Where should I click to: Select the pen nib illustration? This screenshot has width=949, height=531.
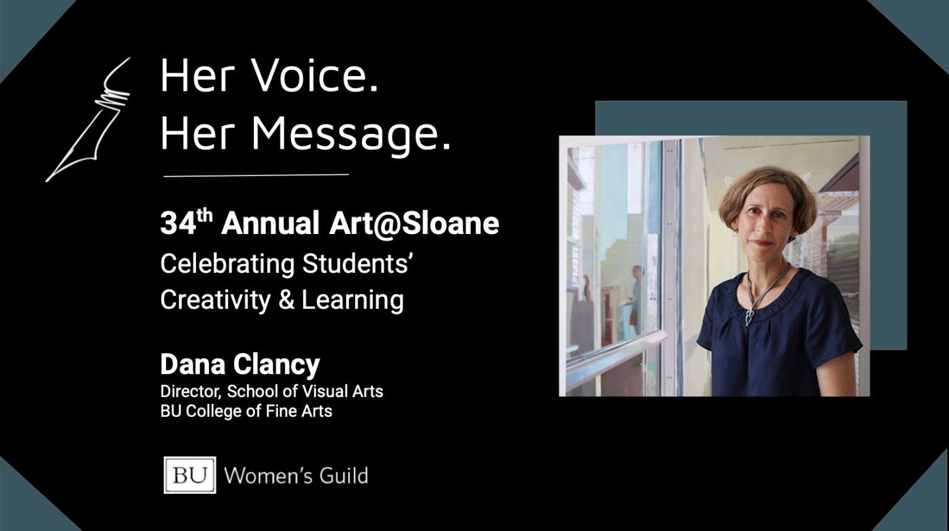(x=88, y=120)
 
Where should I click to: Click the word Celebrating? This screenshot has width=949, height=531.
(x=227, y=264)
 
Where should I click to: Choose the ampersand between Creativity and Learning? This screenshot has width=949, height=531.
(x=287, y=300)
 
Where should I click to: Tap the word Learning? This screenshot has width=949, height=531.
(x=353, y=301)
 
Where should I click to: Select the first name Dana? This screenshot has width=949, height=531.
(x=193, y=364)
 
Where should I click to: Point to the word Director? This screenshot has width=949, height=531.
(x=191, y=391)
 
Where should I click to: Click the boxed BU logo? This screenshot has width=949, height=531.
(x=190, y=475)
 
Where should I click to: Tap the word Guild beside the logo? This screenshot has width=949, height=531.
(x=344, y=475)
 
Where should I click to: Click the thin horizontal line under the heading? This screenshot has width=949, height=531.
(x=256, y=175)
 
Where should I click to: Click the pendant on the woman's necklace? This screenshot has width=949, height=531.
(x=749, y=317)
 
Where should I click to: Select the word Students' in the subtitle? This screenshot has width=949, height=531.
(x=358, y=264)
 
